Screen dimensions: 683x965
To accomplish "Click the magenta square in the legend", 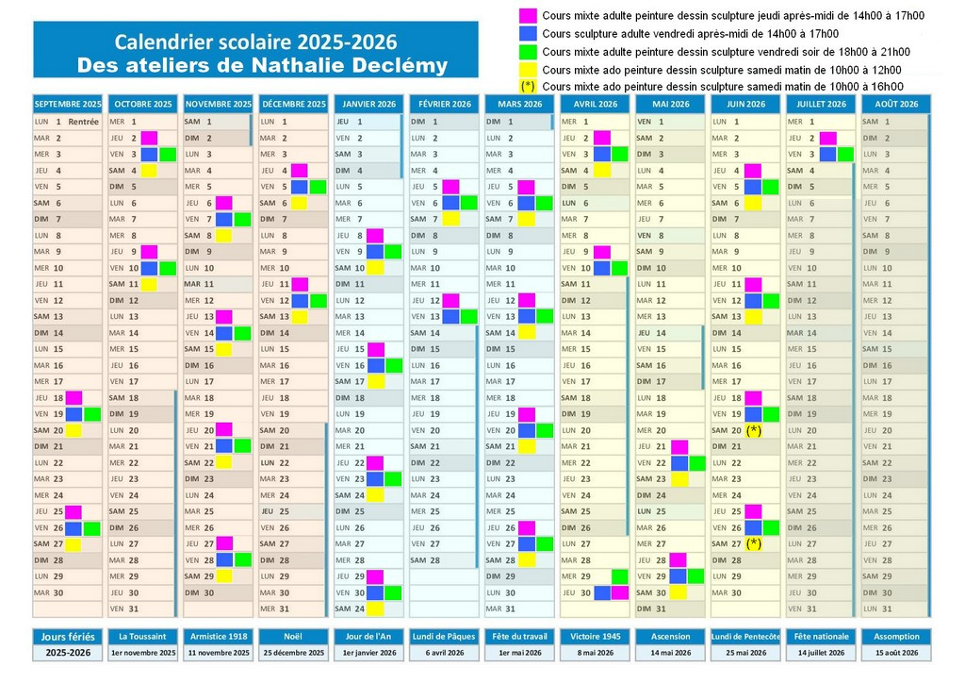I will pos(528,15).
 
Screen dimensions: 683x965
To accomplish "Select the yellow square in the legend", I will pos(528,69).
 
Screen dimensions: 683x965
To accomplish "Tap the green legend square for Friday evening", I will pos(528,51).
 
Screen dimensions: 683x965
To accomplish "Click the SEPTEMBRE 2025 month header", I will pos(67,104).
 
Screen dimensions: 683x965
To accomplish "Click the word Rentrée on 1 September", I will pos(84,121).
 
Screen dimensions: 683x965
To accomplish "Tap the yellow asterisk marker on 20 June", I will pos(753,430).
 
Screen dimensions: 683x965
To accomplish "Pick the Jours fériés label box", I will pos(67,636).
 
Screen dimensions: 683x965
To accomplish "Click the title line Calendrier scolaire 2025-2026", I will pos(255,42).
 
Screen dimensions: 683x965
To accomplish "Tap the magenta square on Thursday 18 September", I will pos(74,398).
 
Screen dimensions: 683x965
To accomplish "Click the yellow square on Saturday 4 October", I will pos(149,171).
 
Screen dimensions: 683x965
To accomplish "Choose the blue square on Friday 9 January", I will pos(375,252).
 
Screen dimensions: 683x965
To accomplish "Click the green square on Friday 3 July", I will pos(845,154).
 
